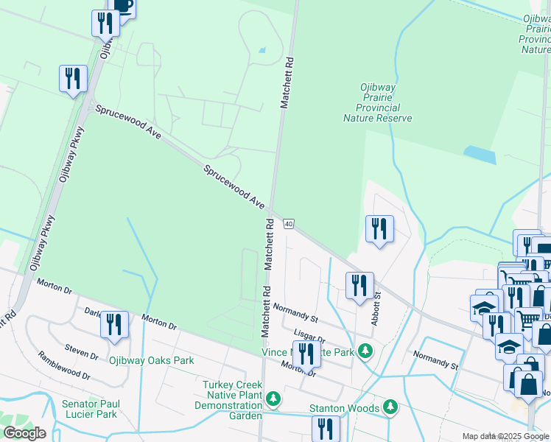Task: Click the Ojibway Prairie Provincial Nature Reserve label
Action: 377,102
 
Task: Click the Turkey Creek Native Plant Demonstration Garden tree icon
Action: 273,399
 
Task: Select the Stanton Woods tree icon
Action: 390,407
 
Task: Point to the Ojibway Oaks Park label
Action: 151,360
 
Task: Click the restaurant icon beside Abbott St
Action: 359,285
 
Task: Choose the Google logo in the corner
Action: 24,433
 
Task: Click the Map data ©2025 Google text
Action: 505,436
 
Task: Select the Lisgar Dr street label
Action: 309,334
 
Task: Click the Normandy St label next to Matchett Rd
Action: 295,313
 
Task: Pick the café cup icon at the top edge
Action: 122,7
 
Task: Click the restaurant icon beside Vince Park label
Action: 306,354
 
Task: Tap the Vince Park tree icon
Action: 362,351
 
